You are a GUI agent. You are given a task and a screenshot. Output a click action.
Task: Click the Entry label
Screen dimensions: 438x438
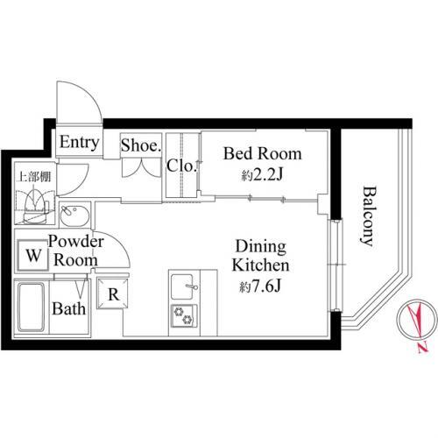click(79, 143)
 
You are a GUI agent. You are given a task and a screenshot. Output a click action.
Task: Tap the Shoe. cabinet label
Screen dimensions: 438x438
click(141, 145)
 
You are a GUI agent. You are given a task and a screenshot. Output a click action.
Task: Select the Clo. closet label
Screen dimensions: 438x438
click(180, 166)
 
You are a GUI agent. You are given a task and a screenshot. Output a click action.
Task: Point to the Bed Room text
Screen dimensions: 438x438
click(263, 153)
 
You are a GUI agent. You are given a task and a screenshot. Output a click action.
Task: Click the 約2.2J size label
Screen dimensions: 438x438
click(263, 175)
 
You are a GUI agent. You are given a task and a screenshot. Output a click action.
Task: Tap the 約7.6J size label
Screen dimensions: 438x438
click(260, 286)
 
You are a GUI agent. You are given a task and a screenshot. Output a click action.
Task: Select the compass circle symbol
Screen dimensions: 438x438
click(415, 318)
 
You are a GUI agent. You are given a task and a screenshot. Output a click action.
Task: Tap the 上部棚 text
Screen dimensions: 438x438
click(35, 177)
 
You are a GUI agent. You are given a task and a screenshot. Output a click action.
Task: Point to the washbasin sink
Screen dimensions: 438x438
click(74, 215)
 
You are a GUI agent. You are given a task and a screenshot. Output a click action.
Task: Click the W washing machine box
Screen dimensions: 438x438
click(32, 255)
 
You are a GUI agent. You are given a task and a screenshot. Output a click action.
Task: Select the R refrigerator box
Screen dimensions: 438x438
click(113, 293)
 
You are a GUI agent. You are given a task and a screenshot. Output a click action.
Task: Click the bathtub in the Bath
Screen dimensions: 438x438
click(32, 307)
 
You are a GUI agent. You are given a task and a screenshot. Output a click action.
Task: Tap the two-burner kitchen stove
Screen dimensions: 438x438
click(184, 315)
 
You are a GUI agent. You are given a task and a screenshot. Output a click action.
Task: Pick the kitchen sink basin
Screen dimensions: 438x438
click(181, 286)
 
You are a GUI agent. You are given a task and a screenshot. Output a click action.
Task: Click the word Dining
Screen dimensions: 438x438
click(261, 247)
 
